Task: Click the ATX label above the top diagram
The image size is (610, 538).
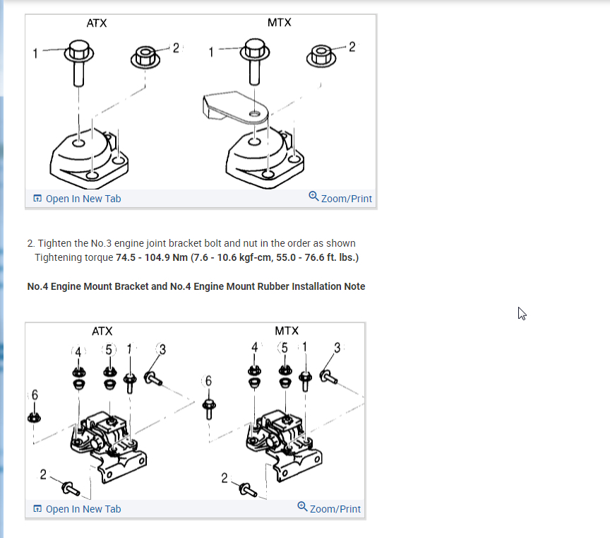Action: (97, 23)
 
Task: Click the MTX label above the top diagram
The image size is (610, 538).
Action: (279, 23)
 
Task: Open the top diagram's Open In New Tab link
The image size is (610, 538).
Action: (77, 199)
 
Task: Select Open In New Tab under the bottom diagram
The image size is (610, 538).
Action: (77, 509)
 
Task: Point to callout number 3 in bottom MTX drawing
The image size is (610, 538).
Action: (337, 347)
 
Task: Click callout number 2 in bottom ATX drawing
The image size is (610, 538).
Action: (44, 474)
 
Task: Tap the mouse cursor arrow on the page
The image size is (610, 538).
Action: (522, 313)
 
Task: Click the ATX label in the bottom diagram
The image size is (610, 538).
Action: (102, 331)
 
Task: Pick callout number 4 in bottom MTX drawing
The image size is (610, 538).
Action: (254, 347)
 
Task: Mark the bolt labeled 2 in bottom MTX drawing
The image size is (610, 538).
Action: (246, 488)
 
